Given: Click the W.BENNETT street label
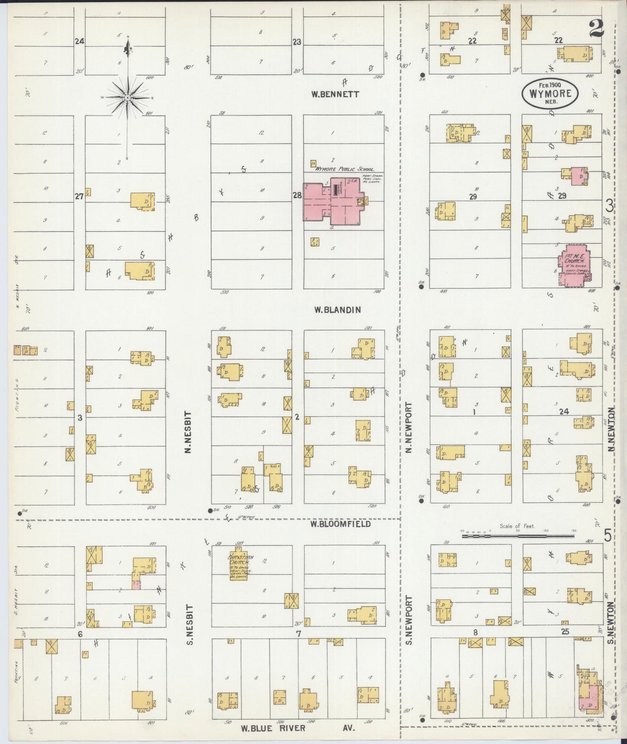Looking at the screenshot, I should coord(335,94).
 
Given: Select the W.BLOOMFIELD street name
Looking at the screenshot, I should coord(340,523).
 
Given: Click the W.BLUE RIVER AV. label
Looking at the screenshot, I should coord(298,728).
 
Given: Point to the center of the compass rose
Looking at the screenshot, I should coord(128,98).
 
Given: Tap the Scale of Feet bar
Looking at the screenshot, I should coord(516,536).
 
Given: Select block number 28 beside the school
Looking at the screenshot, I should coord(297,195).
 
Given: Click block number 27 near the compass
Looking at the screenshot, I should coord(79,197).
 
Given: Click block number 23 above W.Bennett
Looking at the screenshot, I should coord(297,42).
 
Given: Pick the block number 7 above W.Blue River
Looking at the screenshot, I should coord(299,634).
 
